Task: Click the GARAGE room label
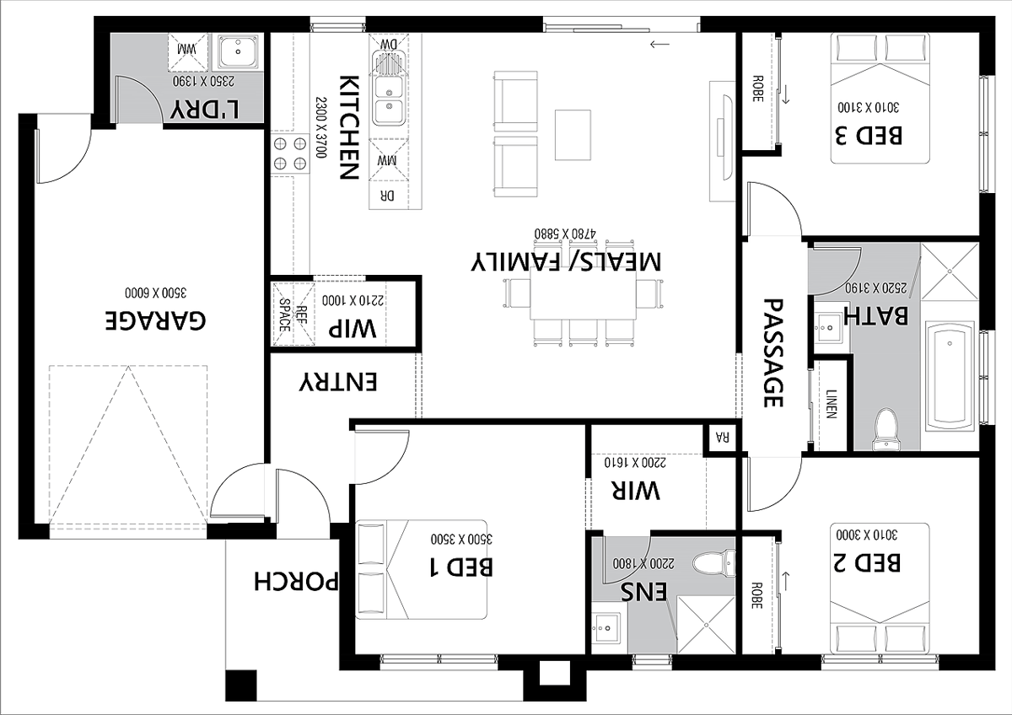155,320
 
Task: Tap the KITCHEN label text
349,128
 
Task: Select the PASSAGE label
773,352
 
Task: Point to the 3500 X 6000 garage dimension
155,293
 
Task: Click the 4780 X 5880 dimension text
565,234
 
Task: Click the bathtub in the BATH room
950,377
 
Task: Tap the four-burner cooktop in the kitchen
290,153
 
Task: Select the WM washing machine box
188,52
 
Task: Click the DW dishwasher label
389,44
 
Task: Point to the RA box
723,438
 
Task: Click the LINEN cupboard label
832,404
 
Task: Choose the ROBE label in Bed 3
757,89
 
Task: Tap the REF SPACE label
292,314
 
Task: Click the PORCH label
296,581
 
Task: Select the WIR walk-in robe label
636,490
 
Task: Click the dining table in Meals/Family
584,293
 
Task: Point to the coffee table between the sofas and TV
573,135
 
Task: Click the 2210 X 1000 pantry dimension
353,300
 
